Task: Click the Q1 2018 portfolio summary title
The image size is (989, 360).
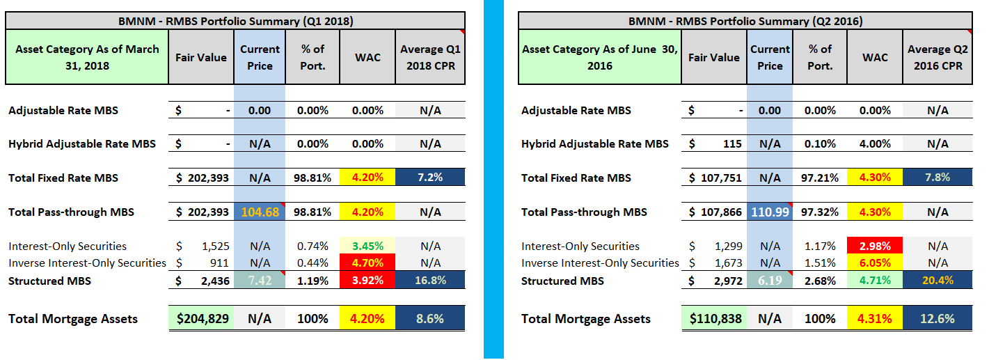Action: point(235,21)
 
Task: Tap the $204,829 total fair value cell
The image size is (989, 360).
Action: point(202,319)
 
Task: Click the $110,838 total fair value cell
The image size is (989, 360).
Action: point(714,319)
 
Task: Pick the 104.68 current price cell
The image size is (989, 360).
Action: point(260,212)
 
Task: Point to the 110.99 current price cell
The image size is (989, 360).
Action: point(770,212)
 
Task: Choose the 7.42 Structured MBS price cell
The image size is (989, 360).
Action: point(260,281)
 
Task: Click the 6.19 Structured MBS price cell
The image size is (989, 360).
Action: point(770,281)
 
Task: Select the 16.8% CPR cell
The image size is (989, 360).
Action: point(430,281)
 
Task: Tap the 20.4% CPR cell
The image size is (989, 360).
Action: point(937,281)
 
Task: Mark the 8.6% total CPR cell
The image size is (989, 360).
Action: point(430,319)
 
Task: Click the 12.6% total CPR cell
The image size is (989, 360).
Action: point(937,319)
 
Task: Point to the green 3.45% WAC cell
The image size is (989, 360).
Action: point(367,246)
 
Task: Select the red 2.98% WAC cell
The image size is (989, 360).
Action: point(875,246)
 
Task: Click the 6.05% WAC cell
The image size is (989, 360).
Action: point(875,263)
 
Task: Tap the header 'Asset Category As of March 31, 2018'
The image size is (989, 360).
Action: point(87,57)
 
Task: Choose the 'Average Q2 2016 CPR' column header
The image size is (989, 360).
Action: point(937,57)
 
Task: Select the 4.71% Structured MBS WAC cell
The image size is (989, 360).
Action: point(875,281)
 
